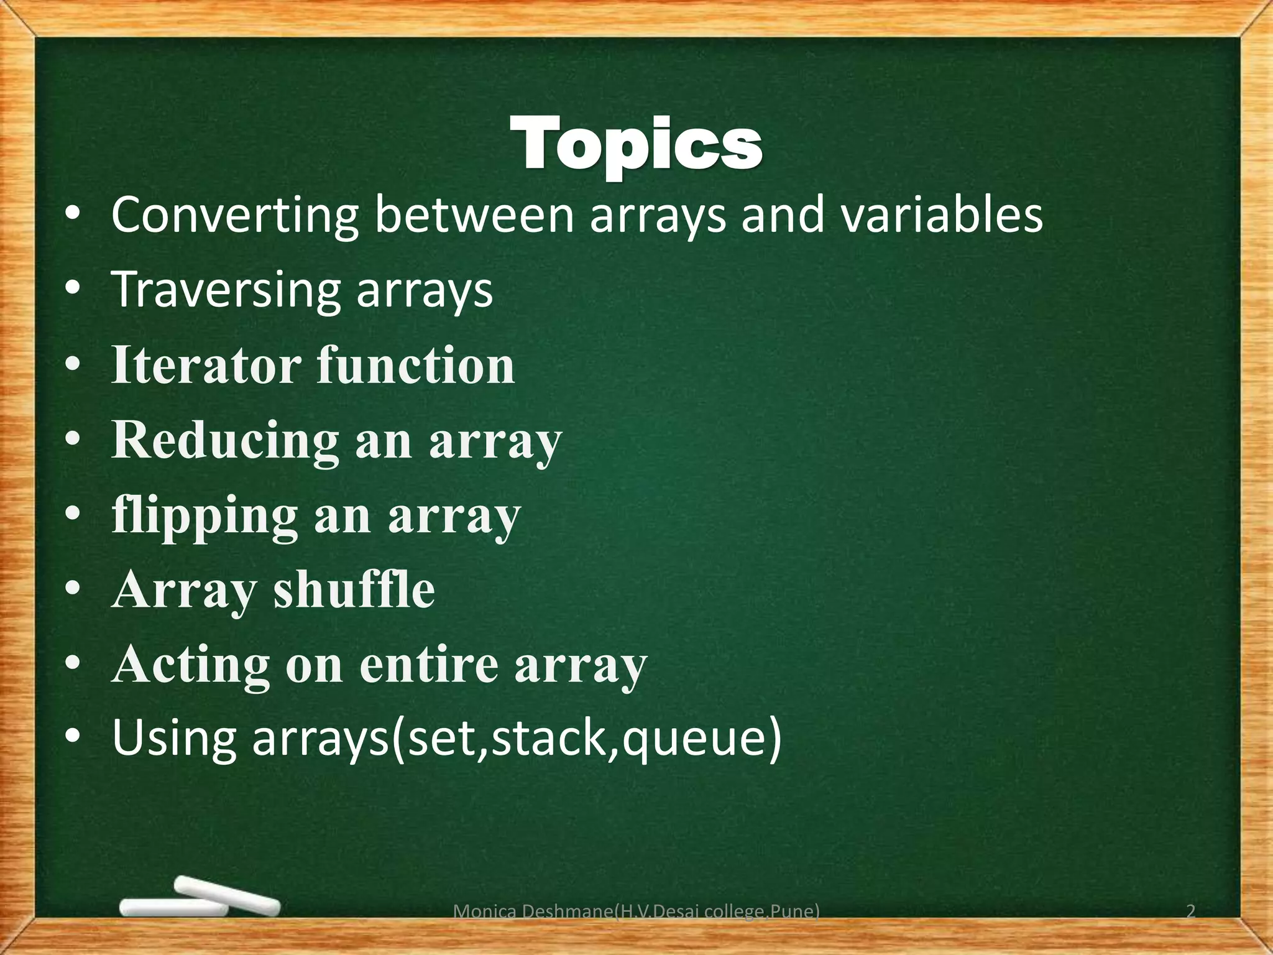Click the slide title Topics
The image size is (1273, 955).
(636, 144)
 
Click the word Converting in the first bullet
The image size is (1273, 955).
(234, 215)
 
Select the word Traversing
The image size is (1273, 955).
(226, 290)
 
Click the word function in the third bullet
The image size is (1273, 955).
(416, 366)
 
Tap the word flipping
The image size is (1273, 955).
(205, 516)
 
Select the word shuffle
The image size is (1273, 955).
(354, 591)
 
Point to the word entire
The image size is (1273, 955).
(429, 665)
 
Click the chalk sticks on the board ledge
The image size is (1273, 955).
(199, 899)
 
